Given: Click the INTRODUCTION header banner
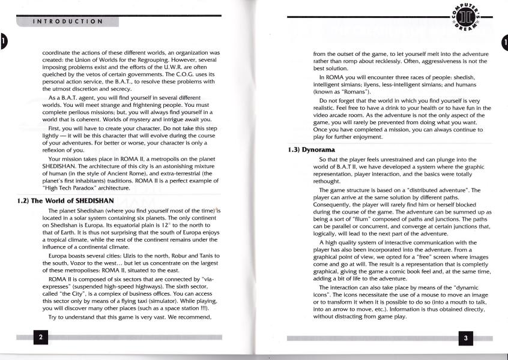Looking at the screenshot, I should [x=67, y=22].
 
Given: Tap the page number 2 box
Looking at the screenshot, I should [x=41, y=337].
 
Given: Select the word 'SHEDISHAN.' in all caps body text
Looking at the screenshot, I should [x=64, y=167].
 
